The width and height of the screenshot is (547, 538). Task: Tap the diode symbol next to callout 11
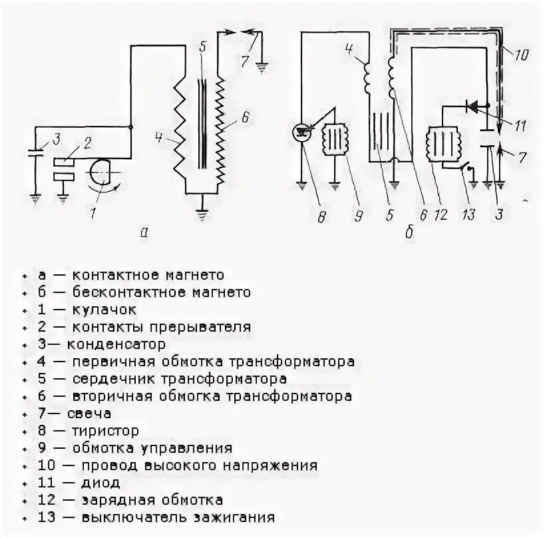click(473, 105)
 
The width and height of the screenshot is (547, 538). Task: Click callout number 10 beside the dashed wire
click(521, 55)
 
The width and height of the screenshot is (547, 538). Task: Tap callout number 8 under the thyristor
click(322, 216)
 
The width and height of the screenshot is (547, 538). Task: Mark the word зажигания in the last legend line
click(234, 517)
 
